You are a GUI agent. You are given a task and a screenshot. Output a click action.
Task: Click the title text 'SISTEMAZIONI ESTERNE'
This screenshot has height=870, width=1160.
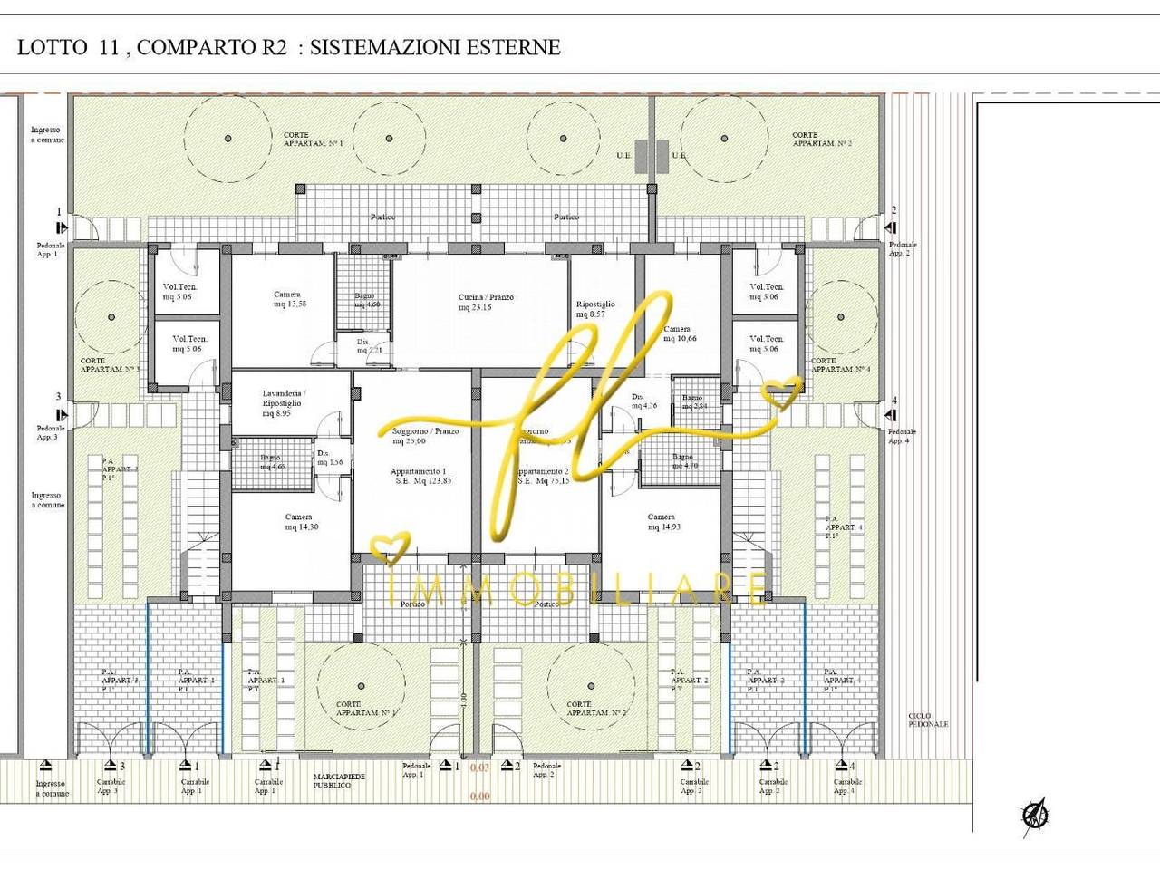435,47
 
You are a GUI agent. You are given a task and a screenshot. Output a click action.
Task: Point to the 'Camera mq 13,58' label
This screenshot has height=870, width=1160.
288,299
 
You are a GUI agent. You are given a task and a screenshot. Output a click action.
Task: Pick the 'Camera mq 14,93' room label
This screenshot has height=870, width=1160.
662,522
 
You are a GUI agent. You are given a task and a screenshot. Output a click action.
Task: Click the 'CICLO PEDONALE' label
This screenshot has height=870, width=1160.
928,720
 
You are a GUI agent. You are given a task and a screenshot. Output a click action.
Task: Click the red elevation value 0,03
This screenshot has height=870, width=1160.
480,768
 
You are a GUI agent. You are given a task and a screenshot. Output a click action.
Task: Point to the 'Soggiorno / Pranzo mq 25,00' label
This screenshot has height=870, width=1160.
425,437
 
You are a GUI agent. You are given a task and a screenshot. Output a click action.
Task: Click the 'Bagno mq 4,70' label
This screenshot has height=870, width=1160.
684,461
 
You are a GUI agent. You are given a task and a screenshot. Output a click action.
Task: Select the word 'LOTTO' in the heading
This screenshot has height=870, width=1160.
51,47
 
